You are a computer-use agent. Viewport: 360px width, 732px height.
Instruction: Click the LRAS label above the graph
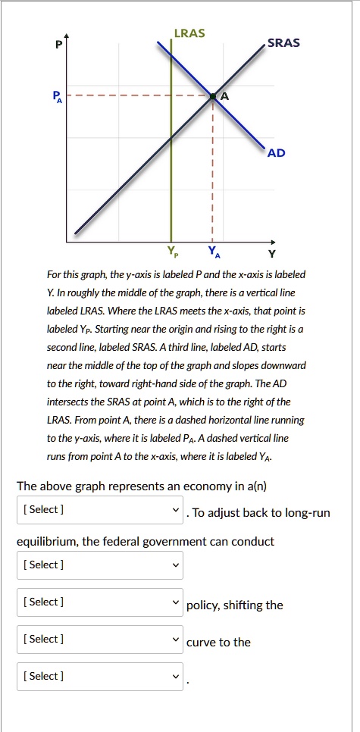pos(189,34)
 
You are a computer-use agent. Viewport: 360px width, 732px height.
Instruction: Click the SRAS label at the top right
pos(284,42)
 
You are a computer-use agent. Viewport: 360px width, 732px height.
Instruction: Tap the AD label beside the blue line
pos(277,153)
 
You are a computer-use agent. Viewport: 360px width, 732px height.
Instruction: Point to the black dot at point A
pos(212,96)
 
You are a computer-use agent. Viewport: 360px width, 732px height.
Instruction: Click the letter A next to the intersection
pos(224,96)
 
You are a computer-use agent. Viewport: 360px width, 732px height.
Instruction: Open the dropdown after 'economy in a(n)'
pos(100,509)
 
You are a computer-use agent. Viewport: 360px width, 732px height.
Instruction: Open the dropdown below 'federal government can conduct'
pos(100,565)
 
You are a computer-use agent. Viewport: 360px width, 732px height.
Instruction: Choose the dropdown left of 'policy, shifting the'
pos(100,602)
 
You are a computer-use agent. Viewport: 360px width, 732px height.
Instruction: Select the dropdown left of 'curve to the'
pos(100,639)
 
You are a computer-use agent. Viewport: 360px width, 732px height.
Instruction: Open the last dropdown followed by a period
pos(100,676)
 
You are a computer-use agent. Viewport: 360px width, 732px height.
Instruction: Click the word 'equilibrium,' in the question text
pos(48,541)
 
